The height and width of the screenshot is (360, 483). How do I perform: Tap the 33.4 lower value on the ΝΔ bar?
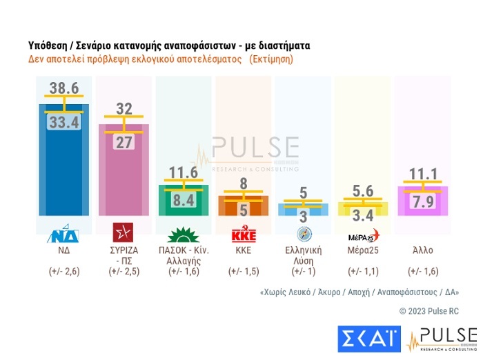tap(63, 123)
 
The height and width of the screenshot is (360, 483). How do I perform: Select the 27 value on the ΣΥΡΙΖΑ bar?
tap(124, 143)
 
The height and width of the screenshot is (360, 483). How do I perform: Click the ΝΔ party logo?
tap(64, 234)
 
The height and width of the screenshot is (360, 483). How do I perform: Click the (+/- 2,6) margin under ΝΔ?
tap(64, 272)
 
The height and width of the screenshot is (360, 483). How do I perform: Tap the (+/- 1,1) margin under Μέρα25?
tap(362, 272)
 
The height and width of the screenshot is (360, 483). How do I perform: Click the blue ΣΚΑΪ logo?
tap(367, 339)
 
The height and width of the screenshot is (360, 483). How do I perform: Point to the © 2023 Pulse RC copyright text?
tap(428, 311)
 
